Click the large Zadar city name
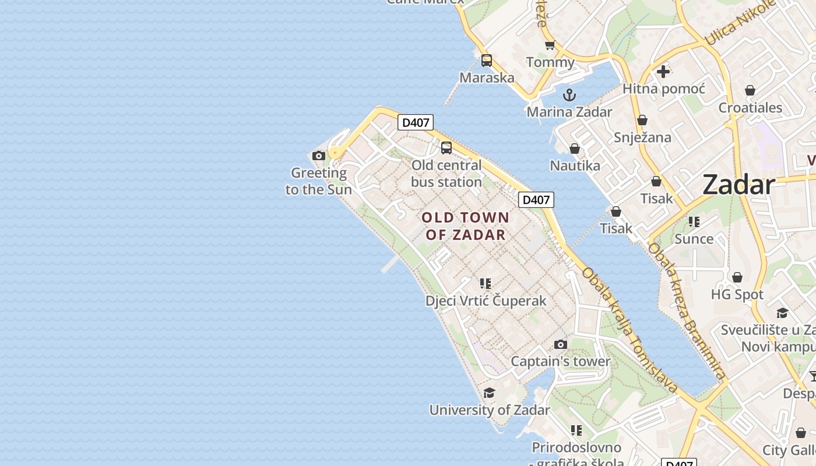738,185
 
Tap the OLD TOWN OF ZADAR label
466,226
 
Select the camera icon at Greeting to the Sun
318,156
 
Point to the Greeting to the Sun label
319,181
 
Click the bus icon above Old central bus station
446,148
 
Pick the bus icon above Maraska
487,61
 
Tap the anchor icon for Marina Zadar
569,95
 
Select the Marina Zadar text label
569,112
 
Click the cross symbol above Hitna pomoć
663,72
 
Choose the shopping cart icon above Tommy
550,45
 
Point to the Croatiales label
750,108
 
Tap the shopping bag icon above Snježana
642,120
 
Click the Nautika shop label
575,166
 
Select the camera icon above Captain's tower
560,344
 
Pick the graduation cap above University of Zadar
489,393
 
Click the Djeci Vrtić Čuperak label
486,301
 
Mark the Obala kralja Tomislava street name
629,330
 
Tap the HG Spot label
737,295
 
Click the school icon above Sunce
694,222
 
